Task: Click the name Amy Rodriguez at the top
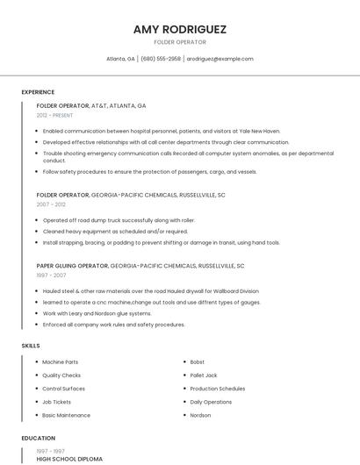[x=179, y=29]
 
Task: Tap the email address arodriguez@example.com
[x=220, y=59]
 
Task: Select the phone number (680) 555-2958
[x=161, y=59]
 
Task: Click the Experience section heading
[x=38, y=92]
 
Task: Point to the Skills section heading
[x=31, y=346]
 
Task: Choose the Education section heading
[x=39, y=438]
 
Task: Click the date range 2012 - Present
[x=55, y=115]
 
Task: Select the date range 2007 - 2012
[x=51, y=204]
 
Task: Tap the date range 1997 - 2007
[x=51, y=275]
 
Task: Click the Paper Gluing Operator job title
[x=72, y=265]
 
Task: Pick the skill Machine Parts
[x=60, y=361]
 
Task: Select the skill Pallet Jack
[x=204, y=375]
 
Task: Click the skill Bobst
[x=198, y=361]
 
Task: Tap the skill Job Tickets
[x=57, y=402]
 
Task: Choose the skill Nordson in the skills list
[x=200, y=415]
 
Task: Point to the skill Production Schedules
[x=218, y=388]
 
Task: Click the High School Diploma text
[x=69, y=459]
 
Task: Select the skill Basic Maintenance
[x=66, y=415]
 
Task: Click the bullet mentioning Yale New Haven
[x=162, y=131]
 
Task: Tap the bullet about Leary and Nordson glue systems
[x=97, y=313]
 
